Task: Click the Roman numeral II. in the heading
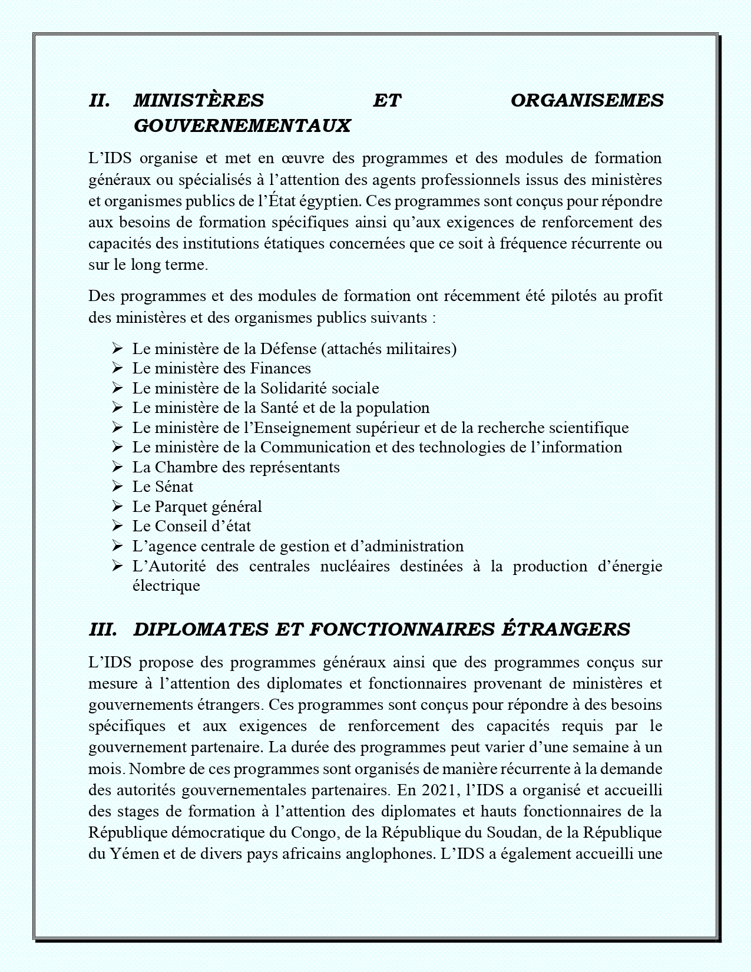click(x=100, y=101)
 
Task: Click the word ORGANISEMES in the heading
click(x=587, y=101)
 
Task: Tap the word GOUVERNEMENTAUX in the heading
click(x=242, y=125)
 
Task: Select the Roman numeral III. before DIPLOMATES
click(x=103, y=629)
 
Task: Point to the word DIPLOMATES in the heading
click(x=201, y=629)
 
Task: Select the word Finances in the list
click(x=280, y=369)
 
